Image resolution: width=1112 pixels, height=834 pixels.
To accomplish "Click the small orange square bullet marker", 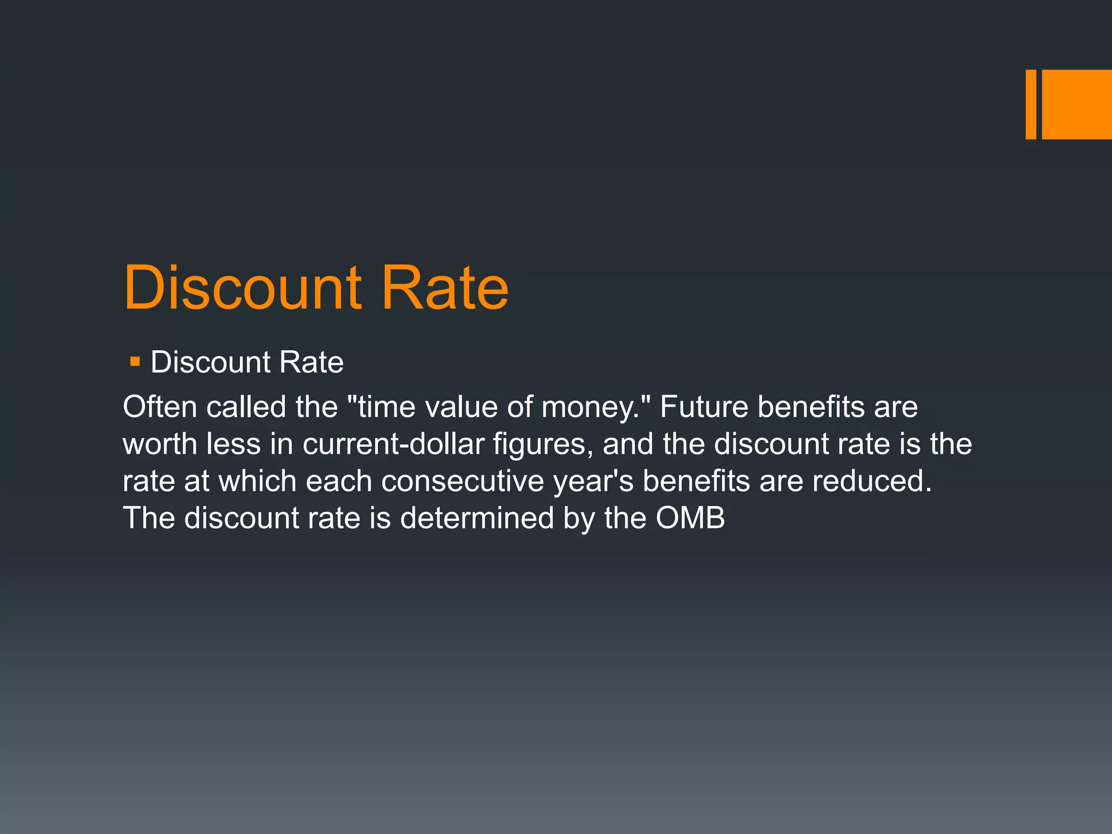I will click(x=135, y=362).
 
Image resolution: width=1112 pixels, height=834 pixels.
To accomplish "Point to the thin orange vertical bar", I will click(x=1031, y=104).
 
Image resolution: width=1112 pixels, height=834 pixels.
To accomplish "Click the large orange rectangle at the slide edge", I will click(x=1077, y=104).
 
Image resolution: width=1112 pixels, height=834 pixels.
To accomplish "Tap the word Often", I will click(x=160, y=407).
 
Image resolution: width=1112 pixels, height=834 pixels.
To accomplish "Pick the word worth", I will click(x=160, y=444).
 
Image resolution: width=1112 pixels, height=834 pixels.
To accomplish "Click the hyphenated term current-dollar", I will click(x=393, y=444).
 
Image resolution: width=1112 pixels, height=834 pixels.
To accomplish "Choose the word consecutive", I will click(x=462, y=481).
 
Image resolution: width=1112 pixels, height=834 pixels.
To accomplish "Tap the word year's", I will click(x=593, y=482).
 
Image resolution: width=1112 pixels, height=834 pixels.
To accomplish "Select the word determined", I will click(x=477, y=517).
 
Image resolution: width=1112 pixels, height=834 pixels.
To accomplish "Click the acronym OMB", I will click(x=690, y=517).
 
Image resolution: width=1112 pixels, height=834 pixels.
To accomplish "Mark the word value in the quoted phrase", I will click(x=461, y=407).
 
